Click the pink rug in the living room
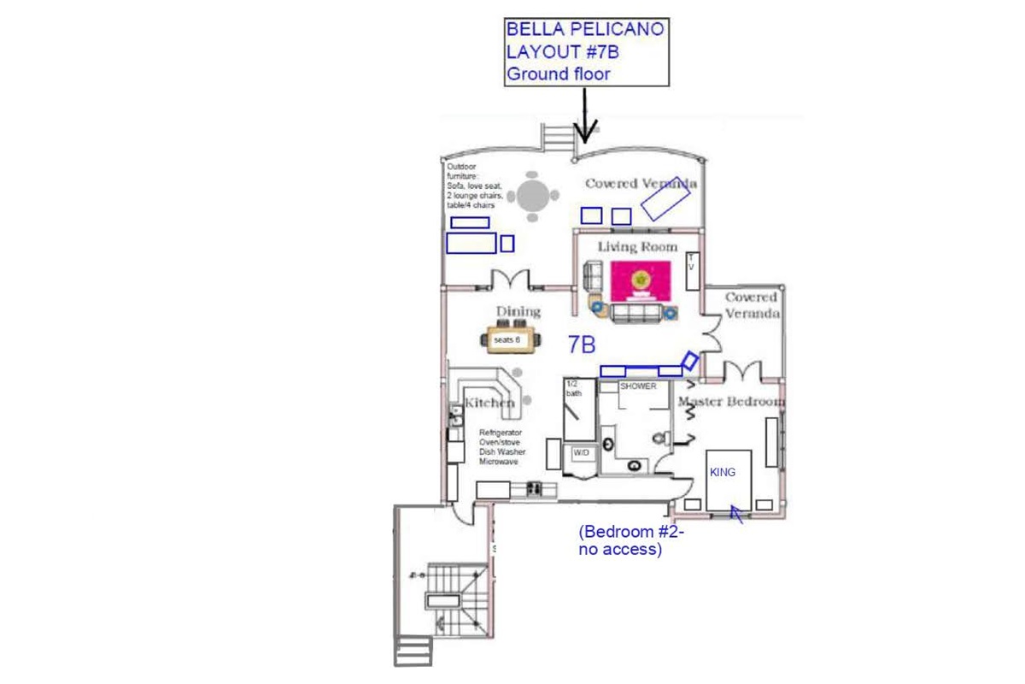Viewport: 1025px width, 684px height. pos(641,280)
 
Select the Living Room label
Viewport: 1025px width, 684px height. pos(637,247)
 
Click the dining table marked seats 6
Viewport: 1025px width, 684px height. pos(512,339)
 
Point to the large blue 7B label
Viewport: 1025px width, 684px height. pos(582,344)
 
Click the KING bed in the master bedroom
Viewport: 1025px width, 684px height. pos(729,479)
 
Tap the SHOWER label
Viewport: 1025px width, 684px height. pos(638,386)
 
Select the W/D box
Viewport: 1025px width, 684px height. pos(581,451)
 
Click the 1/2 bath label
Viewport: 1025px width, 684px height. pos(573,389)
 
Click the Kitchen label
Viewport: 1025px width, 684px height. pos(489,402)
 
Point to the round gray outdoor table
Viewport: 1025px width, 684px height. pos(533,196)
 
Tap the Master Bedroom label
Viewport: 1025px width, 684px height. pos(731,401)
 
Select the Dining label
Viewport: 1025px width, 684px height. pos(518,311)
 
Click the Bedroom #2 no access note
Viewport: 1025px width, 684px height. pos(631,541)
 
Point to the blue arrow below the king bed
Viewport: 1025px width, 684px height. pos(735,515)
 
